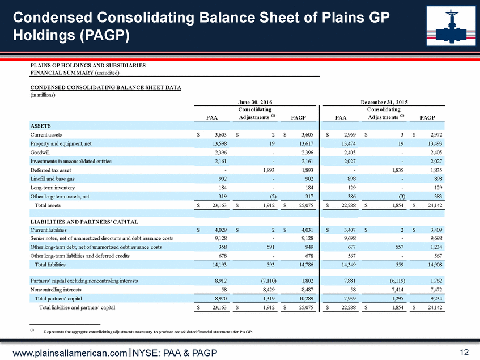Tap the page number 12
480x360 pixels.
(464, 353)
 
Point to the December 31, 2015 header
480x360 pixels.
(379, 102)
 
